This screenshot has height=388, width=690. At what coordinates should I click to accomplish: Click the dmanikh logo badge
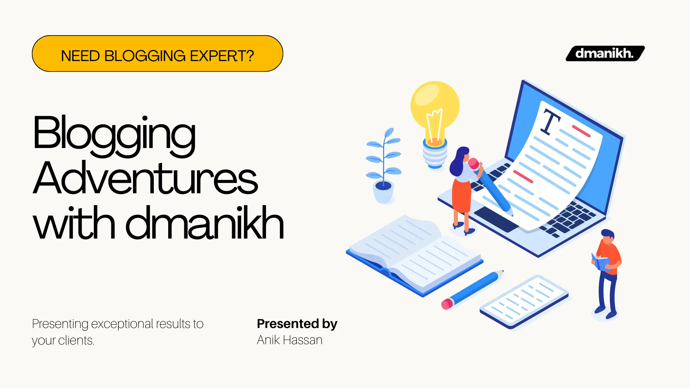[605, 54]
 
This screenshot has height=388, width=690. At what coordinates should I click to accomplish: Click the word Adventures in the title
[145, 179]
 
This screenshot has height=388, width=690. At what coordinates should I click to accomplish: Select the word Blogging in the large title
[114, 134]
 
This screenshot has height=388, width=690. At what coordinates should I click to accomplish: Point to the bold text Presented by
[297, 324]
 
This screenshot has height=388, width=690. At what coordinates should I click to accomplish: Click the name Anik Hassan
[289, 340]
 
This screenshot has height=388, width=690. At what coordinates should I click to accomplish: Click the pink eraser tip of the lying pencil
[447, 304]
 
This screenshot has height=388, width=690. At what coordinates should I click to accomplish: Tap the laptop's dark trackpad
[496, 219]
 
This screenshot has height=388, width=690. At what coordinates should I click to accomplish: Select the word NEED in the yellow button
[80, 56]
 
